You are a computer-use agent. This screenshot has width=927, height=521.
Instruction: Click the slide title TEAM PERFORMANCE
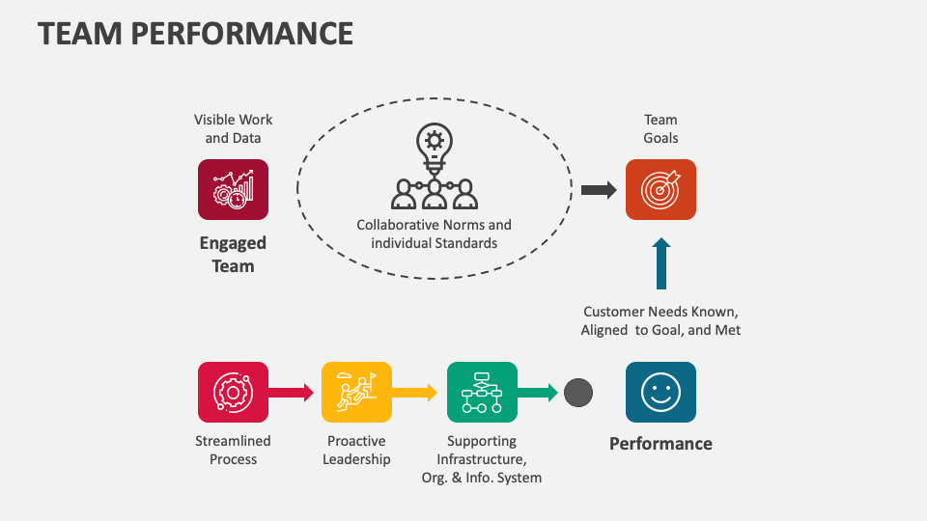coord(195,34)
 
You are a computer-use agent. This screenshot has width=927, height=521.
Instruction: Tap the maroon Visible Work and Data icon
coord(233,189)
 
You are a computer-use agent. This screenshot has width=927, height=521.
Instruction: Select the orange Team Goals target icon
coord(660,189)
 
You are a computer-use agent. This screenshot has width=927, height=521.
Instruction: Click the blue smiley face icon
coord(660,392)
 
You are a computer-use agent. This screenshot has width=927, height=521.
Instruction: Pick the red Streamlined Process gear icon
coord(233,392)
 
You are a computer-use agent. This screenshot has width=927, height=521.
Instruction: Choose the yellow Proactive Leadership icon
coord(356,392)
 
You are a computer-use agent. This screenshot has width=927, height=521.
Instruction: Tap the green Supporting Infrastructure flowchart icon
coord(482,392)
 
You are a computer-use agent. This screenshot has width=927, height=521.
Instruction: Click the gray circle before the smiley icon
coord(577,393)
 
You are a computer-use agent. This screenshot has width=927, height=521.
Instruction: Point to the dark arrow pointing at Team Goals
coord(599,190)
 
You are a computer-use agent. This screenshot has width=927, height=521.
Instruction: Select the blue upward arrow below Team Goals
coord(660,264)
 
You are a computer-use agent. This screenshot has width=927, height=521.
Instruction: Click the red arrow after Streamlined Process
coord(291,393)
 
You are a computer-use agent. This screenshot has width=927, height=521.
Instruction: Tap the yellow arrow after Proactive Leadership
coord(414,393)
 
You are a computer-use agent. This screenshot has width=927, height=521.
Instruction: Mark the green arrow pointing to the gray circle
coord(538,393)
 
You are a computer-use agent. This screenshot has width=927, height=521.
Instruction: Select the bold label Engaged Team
coord(233,255)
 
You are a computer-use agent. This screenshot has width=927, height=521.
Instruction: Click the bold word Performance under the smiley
coord(660,444)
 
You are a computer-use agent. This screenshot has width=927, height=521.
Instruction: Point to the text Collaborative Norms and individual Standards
coord(435,234)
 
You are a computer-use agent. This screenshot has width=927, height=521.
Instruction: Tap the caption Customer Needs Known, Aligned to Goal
coord(660,321)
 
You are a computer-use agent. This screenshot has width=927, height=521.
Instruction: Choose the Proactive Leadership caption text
coord(356,451)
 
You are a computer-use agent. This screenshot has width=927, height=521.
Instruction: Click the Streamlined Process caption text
coord(233,451)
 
